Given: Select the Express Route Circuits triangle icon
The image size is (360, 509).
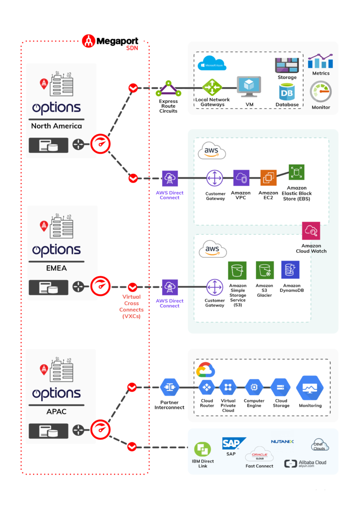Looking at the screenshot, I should coord(168,88).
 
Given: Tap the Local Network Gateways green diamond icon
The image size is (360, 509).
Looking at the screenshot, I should coord(212,87).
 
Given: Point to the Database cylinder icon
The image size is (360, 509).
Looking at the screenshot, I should coord(287,92).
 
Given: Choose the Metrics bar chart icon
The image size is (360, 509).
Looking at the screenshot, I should coord(320,61).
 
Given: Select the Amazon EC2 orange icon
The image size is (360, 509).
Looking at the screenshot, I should coord(268,178).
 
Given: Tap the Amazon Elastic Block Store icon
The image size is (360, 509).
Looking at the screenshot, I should coord(296,172).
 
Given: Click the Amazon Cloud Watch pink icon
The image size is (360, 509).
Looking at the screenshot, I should coord(311,231).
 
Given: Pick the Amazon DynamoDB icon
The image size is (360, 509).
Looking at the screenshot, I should coord(291,270).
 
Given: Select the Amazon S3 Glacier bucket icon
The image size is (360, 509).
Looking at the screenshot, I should coord(264,270).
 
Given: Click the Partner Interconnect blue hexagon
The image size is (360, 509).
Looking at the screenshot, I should coord(170,387).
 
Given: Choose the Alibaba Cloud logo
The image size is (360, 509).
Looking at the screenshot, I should coord(305,463).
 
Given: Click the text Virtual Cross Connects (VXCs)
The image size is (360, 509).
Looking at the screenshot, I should coord(132,307).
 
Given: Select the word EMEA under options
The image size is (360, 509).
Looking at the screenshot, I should coord(56,268).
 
